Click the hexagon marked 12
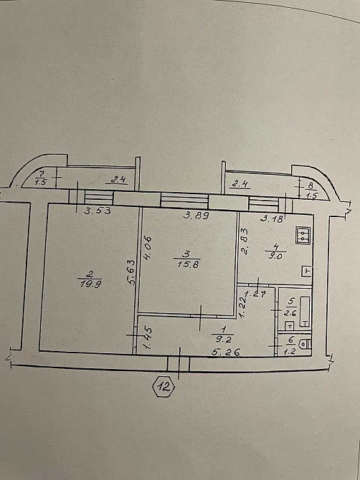pyautogui.click(x=164, y=387)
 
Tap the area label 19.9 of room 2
pyautogui.click(x=89, y=284)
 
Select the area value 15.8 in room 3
pyautogui.click(x=188, y=264)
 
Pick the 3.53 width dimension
pyautogui.click(x=97, y=211)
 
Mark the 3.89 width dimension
pyautogui.click(x=196, y=216)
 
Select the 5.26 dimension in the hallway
pyautogui.click(x=226, y=352)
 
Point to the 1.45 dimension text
pyautogui.click(x=148, y=337)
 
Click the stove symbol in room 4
pyautogui.click(x=303, y=236)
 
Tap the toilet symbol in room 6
pyautogui.click(x=305, y=345)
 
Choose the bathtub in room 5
pyautogui.click(x=305, y=312)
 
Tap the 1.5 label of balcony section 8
pyautogui.click(x=311, y=196)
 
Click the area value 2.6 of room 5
pyautogui.click(x=290, y=313)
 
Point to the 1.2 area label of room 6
pyautogui.click(x=290, y=352)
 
